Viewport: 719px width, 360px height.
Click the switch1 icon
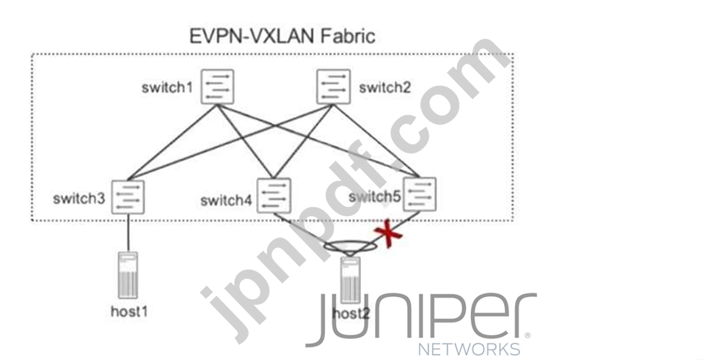coord(217,87)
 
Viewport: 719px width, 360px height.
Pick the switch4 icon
coord(274,196)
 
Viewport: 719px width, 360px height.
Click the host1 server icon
coord(128,274)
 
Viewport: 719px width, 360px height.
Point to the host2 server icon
coord(348,282)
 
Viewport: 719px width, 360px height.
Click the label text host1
coord(128,311)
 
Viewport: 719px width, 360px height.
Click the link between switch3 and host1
coord(128,232)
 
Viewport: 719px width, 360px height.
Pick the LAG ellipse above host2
coord(349,249)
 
